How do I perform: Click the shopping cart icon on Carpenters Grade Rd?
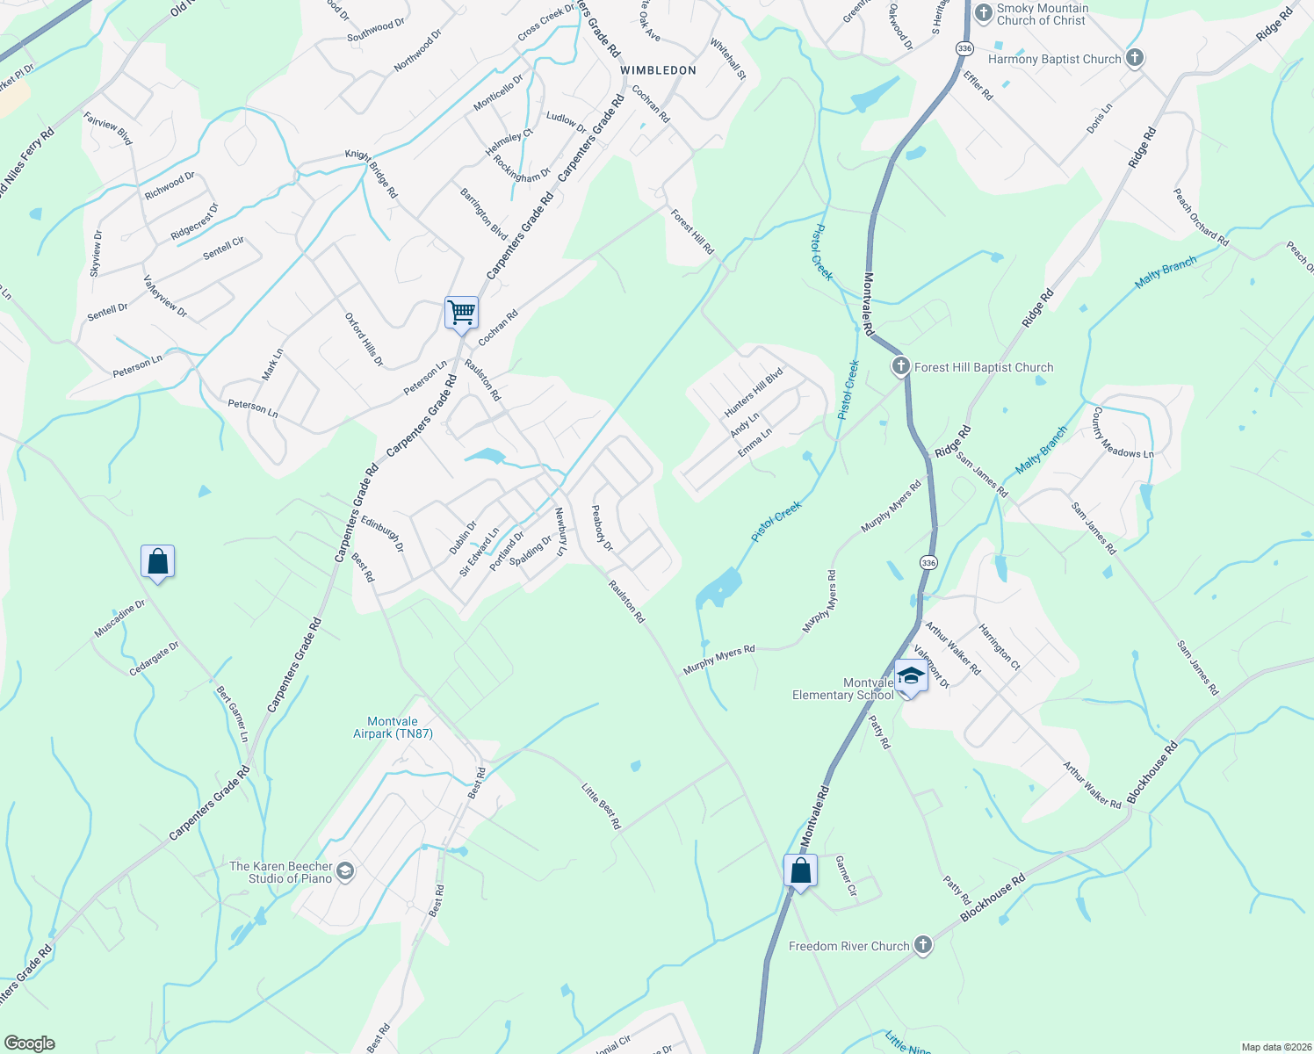[x=461, y=313]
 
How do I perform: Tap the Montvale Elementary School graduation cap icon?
[x=911, y=676]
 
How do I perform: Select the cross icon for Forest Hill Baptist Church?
[x=900, y=367]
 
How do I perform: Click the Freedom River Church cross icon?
[x=922, y=945]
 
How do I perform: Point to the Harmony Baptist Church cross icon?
[x=1135, y=59]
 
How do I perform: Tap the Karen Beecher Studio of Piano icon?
[x=345, y=871]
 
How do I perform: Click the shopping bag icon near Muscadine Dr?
[x=157, y=562]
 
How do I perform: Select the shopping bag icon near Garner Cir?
[x=800, y=871]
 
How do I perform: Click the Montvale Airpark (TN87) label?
[x=393, y=727]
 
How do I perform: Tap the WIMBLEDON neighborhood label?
[x=658, y=70]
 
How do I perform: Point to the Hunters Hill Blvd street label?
[x=753, y=393]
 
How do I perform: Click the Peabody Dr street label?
[x=602, y=528]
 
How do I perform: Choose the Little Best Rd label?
[x=602, y=806]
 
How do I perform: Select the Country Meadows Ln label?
[x=1123, y=432]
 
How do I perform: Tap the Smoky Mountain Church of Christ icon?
[x=983, y=13]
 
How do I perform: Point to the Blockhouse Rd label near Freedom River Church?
[x=993, y=898]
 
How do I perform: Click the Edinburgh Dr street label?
[x=382, y=534]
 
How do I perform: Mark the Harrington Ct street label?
[x=1000, y=646]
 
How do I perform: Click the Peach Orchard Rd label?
[x=1201, y=217]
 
